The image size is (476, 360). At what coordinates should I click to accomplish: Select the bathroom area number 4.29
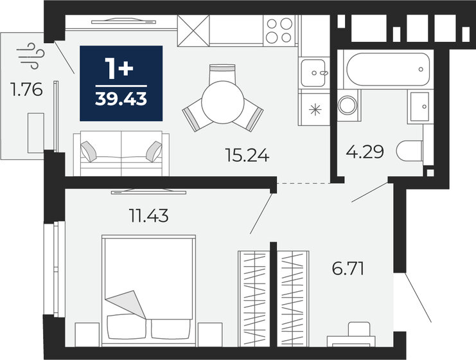click(x=365, y=152)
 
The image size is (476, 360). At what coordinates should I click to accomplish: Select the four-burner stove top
click(x=279, y=30)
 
